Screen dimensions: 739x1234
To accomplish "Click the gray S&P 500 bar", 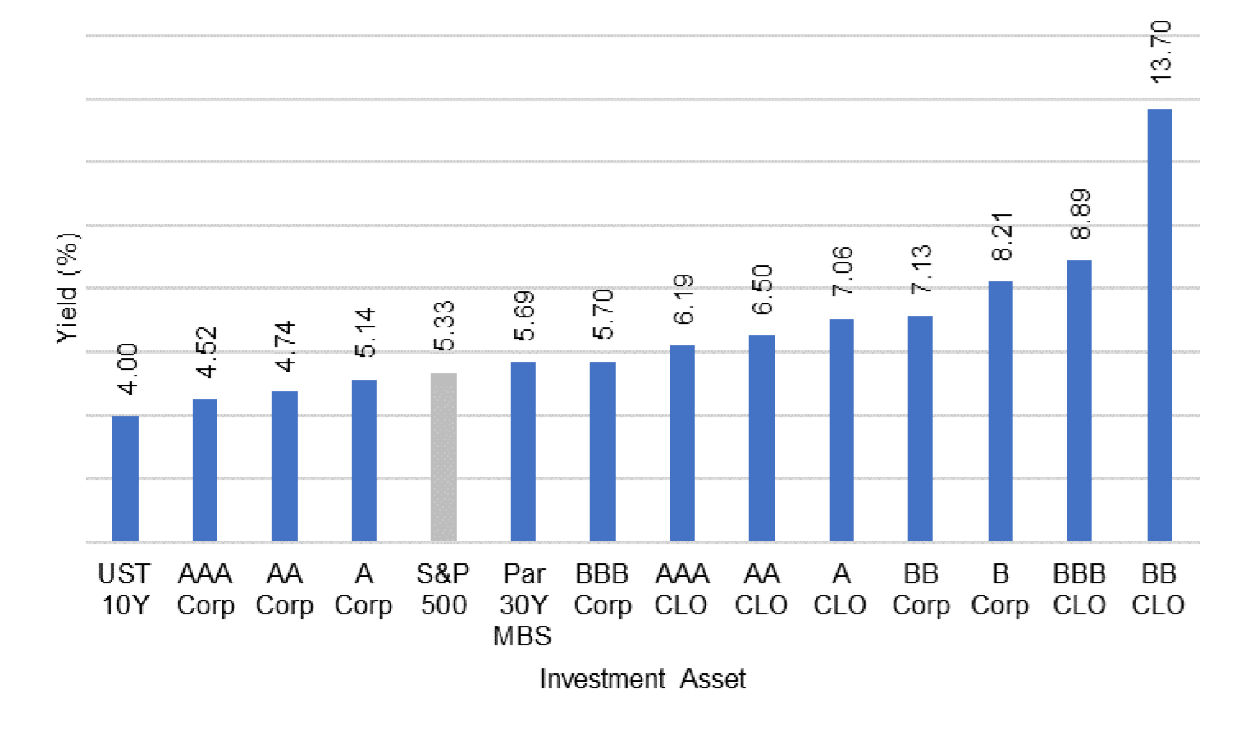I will pyautogui.click(x=443, y=457).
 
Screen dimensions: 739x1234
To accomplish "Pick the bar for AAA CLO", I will pyautogui.click(x=682, y=443).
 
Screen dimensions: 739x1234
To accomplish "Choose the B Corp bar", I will pyautogui.click(x=1000, y=411).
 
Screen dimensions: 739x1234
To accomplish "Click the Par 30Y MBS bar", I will pyautogui.click(x=523, y=451).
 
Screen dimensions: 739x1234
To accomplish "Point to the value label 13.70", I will pyautogui.click(x=1161, y=52).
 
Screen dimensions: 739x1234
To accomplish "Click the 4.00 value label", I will pyautogui.click(x=127, y=368).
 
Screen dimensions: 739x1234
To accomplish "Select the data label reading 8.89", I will pyautogui.click(x=1081, y=214).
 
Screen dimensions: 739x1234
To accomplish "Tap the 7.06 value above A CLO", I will pyautogui.click(x=842, y=271).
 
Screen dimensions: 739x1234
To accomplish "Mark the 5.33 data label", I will pyautogui.click(x=444, y=326).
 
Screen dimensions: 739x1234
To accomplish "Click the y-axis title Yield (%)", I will pyautogui.click(x=67, y=288).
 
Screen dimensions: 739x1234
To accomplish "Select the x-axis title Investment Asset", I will pyautogui.click(x=642, y=679).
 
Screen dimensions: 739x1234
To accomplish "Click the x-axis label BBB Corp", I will pyautogui.click(x=602, y=590).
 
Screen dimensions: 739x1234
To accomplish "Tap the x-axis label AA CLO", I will pyautogui.click(x=761, y=590).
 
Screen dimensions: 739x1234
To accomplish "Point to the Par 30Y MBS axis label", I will pyautogui.click(x=523, y=605).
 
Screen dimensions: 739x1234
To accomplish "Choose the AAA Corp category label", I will pyautogui.click(x=205, y=590).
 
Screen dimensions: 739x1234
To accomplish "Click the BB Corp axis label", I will pyautogui.click(x=921, y=590).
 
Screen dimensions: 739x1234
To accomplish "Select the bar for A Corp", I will pyautogui.click(x=363, y=460).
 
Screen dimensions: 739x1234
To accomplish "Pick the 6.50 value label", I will pyautogui.click(x=762, y=290).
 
